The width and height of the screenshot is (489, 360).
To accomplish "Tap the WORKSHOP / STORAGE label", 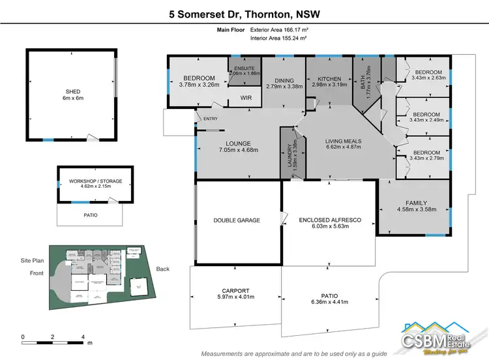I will (x=91, y=181).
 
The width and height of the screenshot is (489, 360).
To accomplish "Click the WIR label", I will (x=246, y=98).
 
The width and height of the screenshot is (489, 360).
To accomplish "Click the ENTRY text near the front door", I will (x=211, y=119).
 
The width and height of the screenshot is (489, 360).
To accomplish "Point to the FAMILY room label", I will (x=416, y=203).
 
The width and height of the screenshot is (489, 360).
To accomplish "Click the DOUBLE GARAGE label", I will (x=237, y=220).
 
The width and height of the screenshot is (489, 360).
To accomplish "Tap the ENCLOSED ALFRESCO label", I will (x=330, y=220).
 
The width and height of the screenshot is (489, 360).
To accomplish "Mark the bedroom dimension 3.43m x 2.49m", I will (x=427, y=119).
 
